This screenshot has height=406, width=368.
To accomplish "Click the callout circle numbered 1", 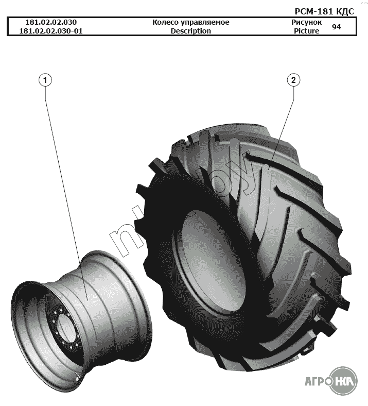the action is point(45,80).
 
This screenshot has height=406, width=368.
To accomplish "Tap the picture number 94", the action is point(336,27).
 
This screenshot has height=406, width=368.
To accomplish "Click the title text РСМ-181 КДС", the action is point(324,11).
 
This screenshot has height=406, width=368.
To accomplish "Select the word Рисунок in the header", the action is point(306,23).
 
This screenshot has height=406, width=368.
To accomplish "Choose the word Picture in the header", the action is point(306,31).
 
